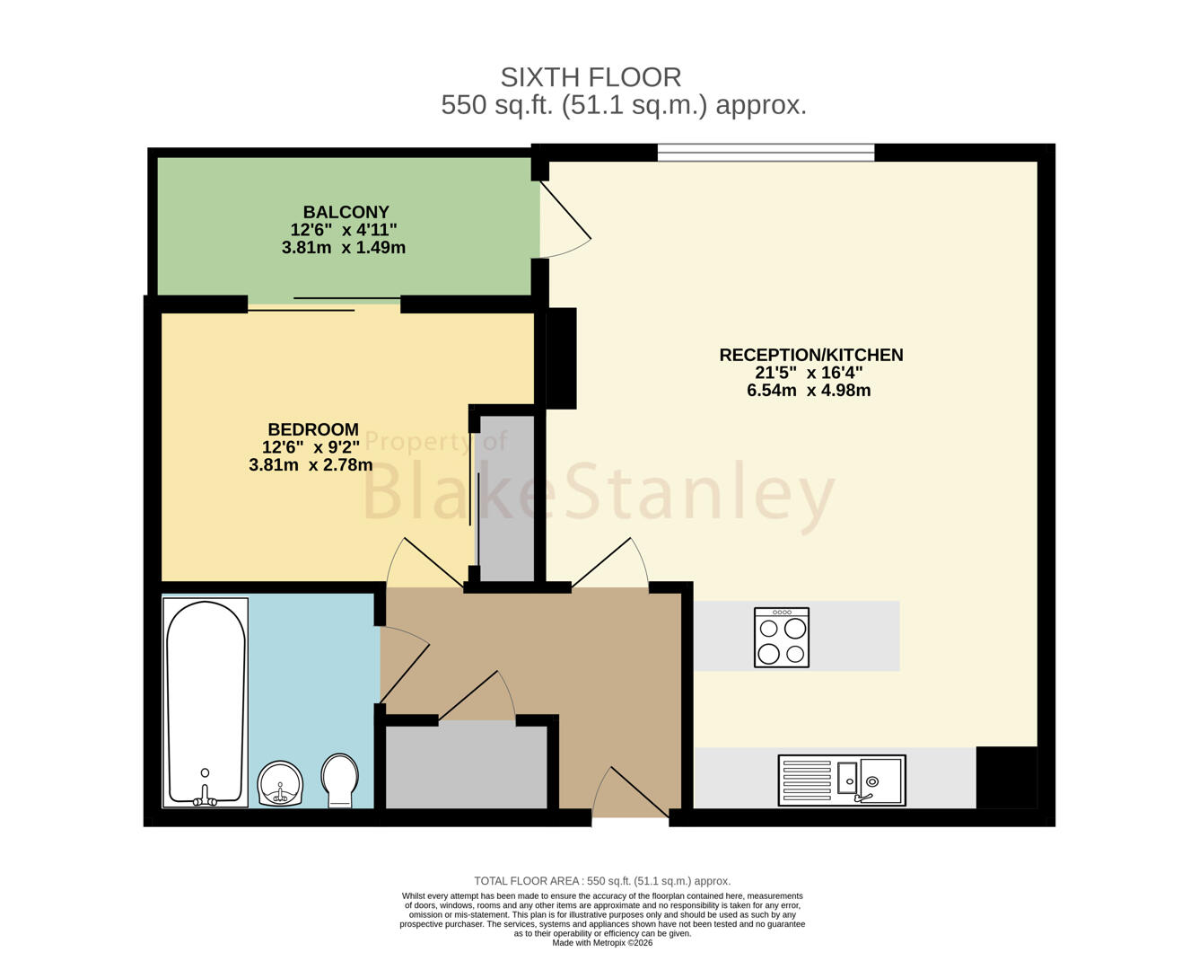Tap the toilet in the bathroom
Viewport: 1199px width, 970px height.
click(x=339, y=780)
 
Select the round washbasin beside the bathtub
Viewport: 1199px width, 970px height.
click(x=280, y=783)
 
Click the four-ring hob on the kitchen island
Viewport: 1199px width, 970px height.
click(x=782, y=637)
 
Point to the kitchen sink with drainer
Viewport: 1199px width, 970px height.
click(x=842, y=780)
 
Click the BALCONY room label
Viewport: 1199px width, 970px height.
click(x=346, y=212)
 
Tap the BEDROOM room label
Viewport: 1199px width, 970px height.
click(x=313, y=429)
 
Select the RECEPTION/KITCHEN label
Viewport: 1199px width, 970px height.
click(x=810, y=355)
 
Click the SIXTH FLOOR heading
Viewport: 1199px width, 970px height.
click(x=591, y=77)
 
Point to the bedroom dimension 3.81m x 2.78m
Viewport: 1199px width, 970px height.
click(x=311, y=464)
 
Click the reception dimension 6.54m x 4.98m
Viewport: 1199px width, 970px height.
click(x=809, y=391)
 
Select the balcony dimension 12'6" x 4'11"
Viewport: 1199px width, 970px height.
click(x=344, y=230)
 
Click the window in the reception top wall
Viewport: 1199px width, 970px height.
click(x=766, y=152)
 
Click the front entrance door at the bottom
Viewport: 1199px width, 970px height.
click(x=630, y=791)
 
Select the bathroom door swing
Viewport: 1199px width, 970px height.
click(x=404, y=665)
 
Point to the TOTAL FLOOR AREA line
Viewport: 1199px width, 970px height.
click(x=602, y=881)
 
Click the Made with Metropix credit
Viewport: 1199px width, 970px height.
click(x=602, y=943)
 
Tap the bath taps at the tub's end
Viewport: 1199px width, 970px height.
click(x=205, y=796)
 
